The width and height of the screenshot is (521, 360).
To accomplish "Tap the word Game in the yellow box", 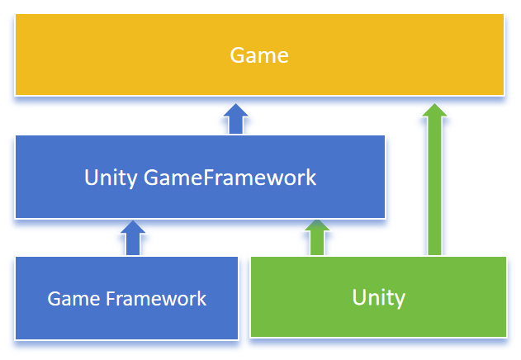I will pyautogui.click(x=259, y=55).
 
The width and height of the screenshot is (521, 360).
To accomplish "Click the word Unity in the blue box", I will pyautogui.click(x=111, y=178).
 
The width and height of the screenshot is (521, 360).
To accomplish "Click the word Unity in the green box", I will pyautogui.click(x=378, y=297).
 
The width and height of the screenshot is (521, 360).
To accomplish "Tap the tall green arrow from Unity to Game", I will pyautogui.click(x=434, y=182).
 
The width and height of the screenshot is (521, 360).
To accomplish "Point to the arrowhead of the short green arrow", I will pyautogui.click(x=316, y=226).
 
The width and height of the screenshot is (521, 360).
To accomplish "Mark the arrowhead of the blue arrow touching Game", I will pyautogui.click(x=236, y=111).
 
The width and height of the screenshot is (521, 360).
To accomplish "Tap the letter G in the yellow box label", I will pyautogui.click(x=237, y=55).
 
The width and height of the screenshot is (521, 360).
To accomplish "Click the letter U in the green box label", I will pyautogui.click(x=358, y=297).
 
